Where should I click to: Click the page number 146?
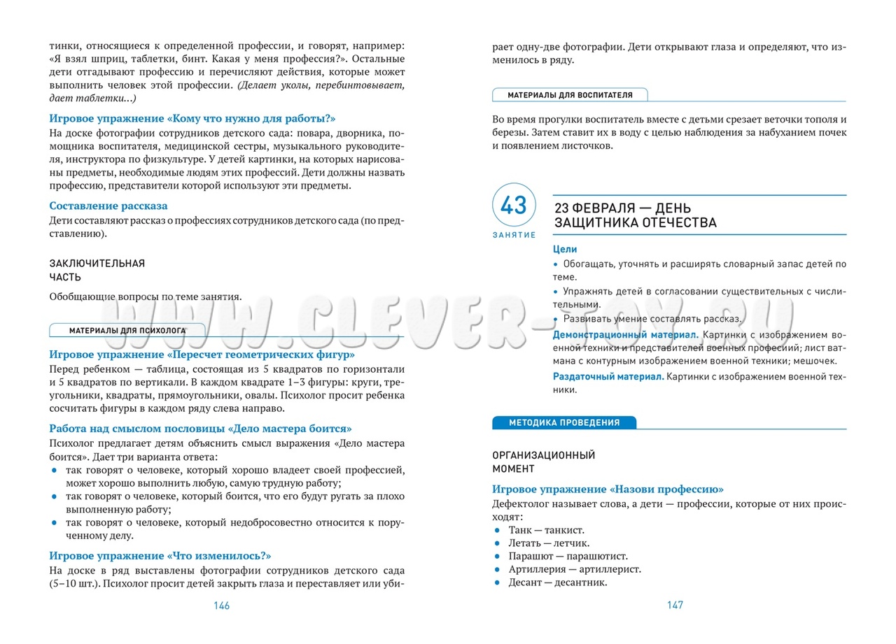click(221, 606)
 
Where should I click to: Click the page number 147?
click(674, 606)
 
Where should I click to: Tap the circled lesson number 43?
click(513, 206)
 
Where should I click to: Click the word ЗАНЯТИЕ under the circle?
click(514, 236)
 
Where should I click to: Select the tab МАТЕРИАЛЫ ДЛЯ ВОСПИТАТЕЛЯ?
click(570, 94)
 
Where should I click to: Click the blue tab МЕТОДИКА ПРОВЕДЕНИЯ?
click(564, 422)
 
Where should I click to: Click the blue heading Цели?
click(565, 249)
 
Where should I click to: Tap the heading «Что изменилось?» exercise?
click(160, 555)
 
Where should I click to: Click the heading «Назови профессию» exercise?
click(608, 489)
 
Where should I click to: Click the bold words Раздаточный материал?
click(608, 377)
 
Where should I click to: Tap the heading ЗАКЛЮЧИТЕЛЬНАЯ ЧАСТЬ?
click(97, 270)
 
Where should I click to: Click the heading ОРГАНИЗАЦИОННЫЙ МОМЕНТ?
click(543, 461)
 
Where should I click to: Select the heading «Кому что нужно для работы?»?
click(192, 118)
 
